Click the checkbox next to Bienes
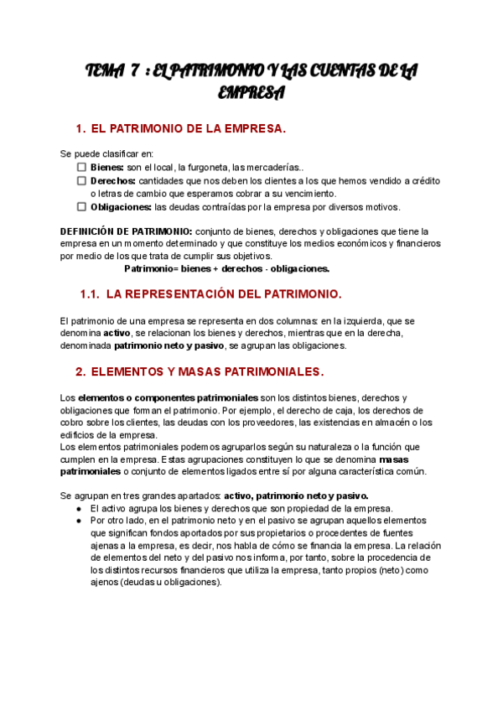point(81,167)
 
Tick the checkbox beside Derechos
point(81,180)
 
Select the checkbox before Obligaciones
point(81,206)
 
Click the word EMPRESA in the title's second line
point(251,92)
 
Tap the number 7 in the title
point(135,73)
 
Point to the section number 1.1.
point(90,294)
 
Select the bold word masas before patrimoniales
point(393,459)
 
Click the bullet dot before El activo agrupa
point(78,509)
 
